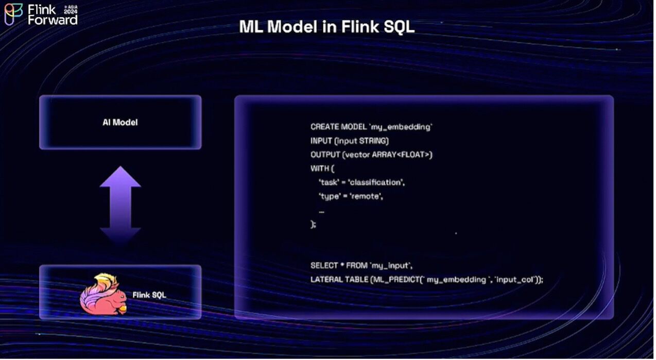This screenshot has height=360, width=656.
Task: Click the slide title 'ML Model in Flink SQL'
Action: click(x=326, y=27)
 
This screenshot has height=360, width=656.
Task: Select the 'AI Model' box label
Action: click(x=120, y=123)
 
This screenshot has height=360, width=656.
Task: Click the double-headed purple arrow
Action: click(x=120, y=204)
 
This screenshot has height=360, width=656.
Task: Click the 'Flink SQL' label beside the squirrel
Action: click(x=149, y=295)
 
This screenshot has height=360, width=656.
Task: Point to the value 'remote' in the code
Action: click(x=367, y=196)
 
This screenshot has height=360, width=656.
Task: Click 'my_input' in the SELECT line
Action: click(x=391, y=266)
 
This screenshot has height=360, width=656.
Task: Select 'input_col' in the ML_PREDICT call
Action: click(x=515, y=280)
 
